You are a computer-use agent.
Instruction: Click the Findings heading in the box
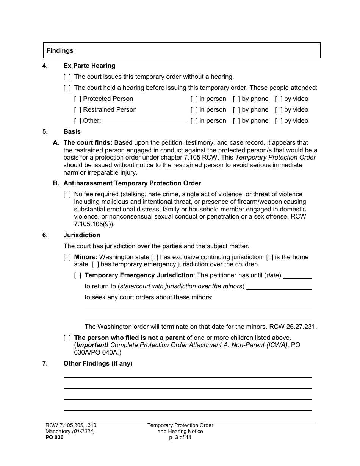pos(60,50)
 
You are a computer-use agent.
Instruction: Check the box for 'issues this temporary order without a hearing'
pos(67,77)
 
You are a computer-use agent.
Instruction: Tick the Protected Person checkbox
pos(78,99)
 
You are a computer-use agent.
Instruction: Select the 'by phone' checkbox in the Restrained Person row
pos(236,110)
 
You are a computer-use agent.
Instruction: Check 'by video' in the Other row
pos(279,121)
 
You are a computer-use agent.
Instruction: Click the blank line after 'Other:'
pos(144,121)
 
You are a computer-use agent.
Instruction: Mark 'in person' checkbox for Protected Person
pos(194,99)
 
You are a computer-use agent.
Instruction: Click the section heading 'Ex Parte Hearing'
pos(89,66)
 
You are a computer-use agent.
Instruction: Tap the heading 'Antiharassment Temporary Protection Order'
pos(132,183)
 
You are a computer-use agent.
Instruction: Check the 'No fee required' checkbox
pos(67,194)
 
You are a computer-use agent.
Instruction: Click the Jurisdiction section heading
pos(82,235)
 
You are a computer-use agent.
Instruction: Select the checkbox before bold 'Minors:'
pos(67,257)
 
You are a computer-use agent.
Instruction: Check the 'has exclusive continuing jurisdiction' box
pos(155,257)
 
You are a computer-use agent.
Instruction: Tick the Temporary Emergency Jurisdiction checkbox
pos(78,275)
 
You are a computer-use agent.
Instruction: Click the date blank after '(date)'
pos(297,276)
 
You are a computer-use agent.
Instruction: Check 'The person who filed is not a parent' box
pos(67,338)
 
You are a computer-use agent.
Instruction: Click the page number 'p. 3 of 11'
pos(180,437)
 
